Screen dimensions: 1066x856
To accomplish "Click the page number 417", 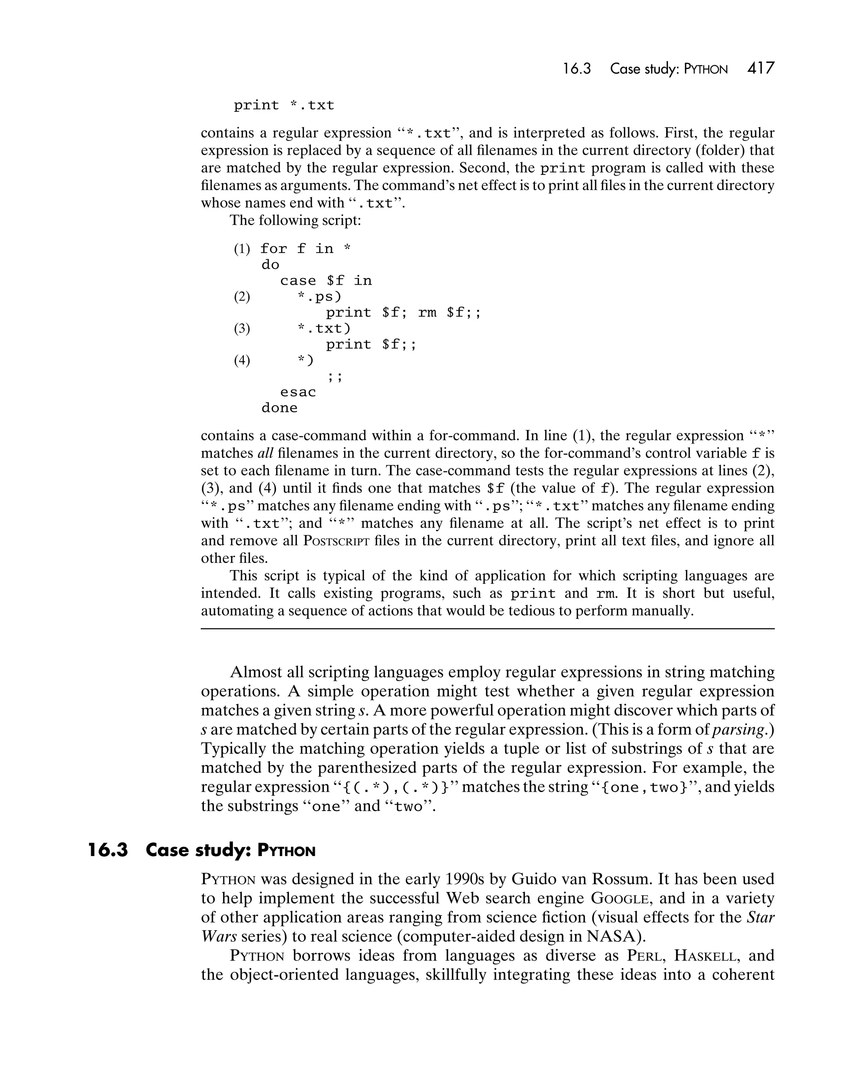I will [761, 68].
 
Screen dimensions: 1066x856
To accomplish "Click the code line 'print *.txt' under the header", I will [284, 105].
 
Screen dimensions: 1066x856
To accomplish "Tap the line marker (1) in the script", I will [242, 249].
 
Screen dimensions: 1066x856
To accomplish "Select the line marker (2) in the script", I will [242, 297].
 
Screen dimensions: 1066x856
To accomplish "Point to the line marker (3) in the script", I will [242, 329].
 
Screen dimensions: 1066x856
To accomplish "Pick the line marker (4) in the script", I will [242, 360].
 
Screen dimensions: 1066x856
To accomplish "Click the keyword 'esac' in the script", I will [298, 392].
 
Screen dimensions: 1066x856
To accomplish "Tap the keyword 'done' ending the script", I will [279, 408].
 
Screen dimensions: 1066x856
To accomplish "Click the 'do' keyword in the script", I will [270, 265].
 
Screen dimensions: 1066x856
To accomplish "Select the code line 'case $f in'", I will [326, 281].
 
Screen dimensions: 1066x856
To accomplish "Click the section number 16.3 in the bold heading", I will [108, 851].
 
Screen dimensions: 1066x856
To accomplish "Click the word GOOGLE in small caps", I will [620, 898].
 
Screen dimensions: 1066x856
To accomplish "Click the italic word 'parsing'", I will [739, 729].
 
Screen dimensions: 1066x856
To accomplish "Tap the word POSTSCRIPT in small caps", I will [336, 540].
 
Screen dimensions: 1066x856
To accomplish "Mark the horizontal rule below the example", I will [487, 629].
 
